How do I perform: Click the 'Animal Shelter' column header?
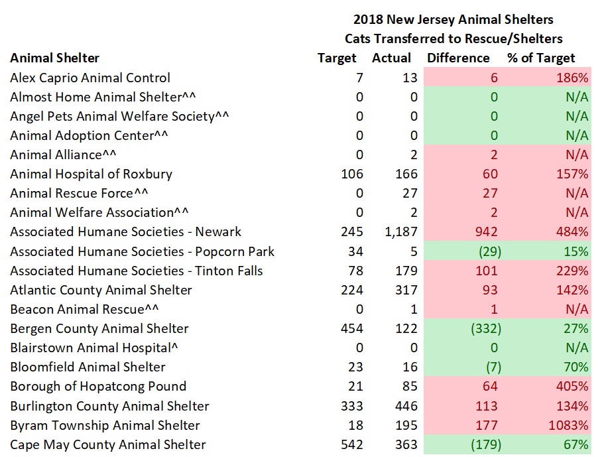pos(54,58)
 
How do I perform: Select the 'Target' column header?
pos(337,58)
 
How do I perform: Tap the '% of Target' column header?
pos(541,58)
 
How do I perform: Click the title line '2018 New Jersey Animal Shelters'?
pos(453,19)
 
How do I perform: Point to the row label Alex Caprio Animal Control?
pos(90,78)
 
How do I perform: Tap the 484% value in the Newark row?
pos(573,232)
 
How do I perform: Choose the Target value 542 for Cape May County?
pos(352,445)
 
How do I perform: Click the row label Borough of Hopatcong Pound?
pos(98,387)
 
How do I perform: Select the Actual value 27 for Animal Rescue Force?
pos(410,194)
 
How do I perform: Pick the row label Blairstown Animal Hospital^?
pos(95,348)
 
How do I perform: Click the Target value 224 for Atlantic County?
pos(352,290)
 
